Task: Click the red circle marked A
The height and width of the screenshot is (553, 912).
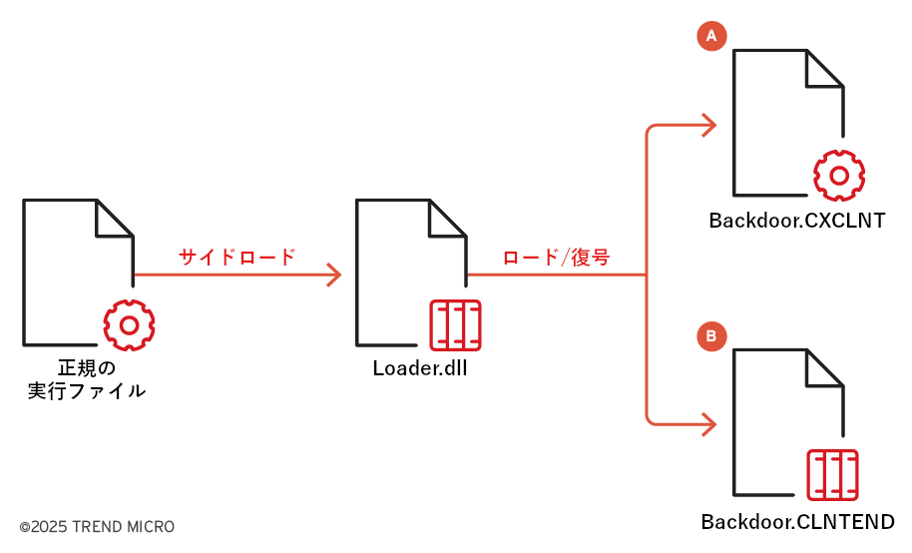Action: point(710,36)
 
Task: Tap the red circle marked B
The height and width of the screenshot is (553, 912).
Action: point(710,337)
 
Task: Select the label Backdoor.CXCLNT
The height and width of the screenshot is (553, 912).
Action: point(797,221)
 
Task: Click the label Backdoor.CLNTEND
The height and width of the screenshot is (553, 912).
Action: point(797,522)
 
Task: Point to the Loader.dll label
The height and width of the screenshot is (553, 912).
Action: point(420,367)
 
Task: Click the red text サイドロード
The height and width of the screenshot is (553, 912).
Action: point(237,258)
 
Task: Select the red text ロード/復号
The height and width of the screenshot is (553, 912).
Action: point(556,258)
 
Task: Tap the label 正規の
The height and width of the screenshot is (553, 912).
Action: point(87,367)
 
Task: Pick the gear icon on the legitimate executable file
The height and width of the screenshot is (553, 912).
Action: point(129,322)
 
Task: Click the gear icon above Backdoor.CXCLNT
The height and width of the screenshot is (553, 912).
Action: point(839,176)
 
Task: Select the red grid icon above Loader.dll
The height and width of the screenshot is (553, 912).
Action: point(454,323)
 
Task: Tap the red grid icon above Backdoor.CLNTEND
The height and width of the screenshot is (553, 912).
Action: point(831,475)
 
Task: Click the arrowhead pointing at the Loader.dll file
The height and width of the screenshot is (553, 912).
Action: point(334,275)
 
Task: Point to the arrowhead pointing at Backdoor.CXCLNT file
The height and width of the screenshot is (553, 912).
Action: point(709,125)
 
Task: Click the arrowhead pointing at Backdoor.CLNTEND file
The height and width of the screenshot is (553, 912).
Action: point(709,423)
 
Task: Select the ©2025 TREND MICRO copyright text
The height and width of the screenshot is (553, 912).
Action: point(97,526)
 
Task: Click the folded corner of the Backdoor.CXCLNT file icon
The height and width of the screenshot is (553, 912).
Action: point(825,69)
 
